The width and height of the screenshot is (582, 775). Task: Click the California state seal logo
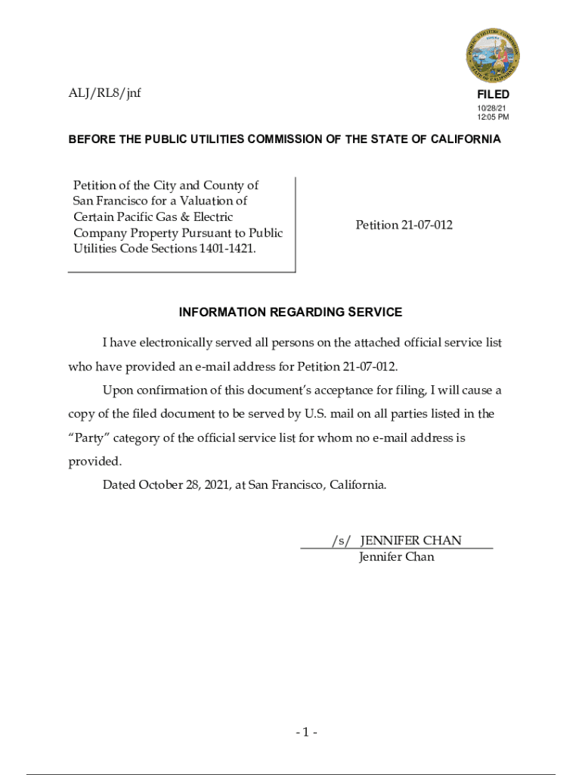492,55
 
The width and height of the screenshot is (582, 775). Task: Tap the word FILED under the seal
493,95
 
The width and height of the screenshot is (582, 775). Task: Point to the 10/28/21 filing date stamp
488,109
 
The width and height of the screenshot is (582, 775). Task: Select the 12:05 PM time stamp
492,118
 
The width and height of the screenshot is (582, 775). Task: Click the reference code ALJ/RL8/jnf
104,93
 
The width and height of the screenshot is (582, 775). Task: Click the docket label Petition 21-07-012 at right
404,225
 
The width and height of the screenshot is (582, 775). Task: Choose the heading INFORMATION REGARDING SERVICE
290,312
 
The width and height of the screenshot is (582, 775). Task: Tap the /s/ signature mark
341,540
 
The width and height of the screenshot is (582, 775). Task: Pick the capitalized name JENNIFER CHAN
410,540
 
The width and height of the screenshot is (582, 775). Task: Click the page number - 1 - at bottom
306,732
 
